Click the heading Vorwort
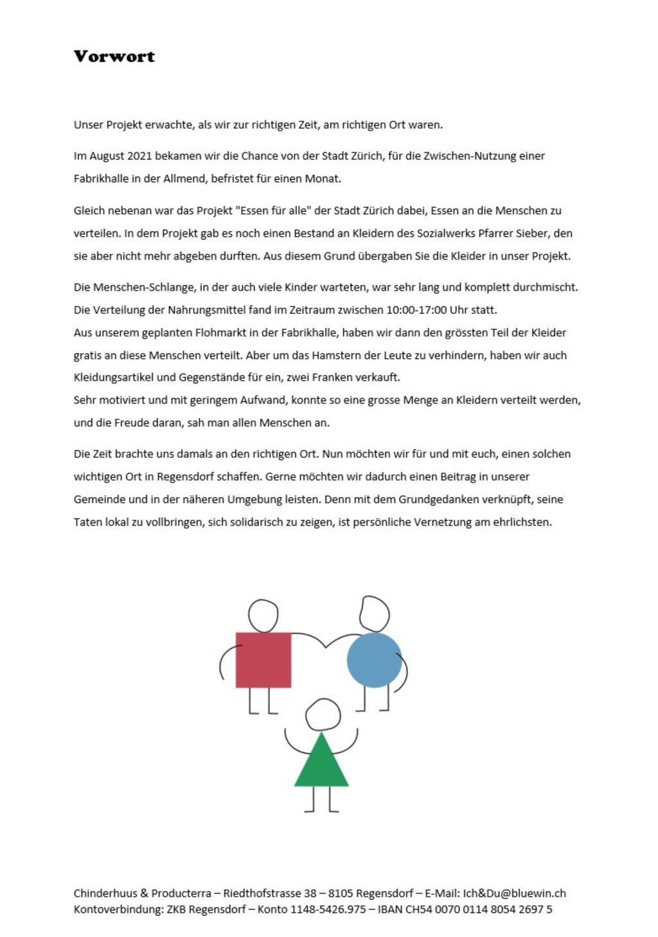pyautogui.click(x=114, y=57)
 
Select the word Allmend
pyautogui.click(x=184, y=179)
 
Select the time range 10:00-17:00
pyautogui.click(x=416, y=310)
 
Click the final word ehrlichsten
pyautogui.click(x=521, y=522)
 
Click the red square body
pyautogui.click(x=263, y=660)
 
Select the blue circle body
pyautogui.click(x=374, y=660)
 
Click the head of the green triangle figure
pyautogui.click(x=323, y=714)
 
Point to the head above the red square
pyautogui.click(x=263, y=616)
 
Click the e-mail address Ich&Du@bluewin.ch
pyautogui.click(x=514, y=893)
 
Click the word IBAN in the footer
pyautogui.click(x=390, y=909)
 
